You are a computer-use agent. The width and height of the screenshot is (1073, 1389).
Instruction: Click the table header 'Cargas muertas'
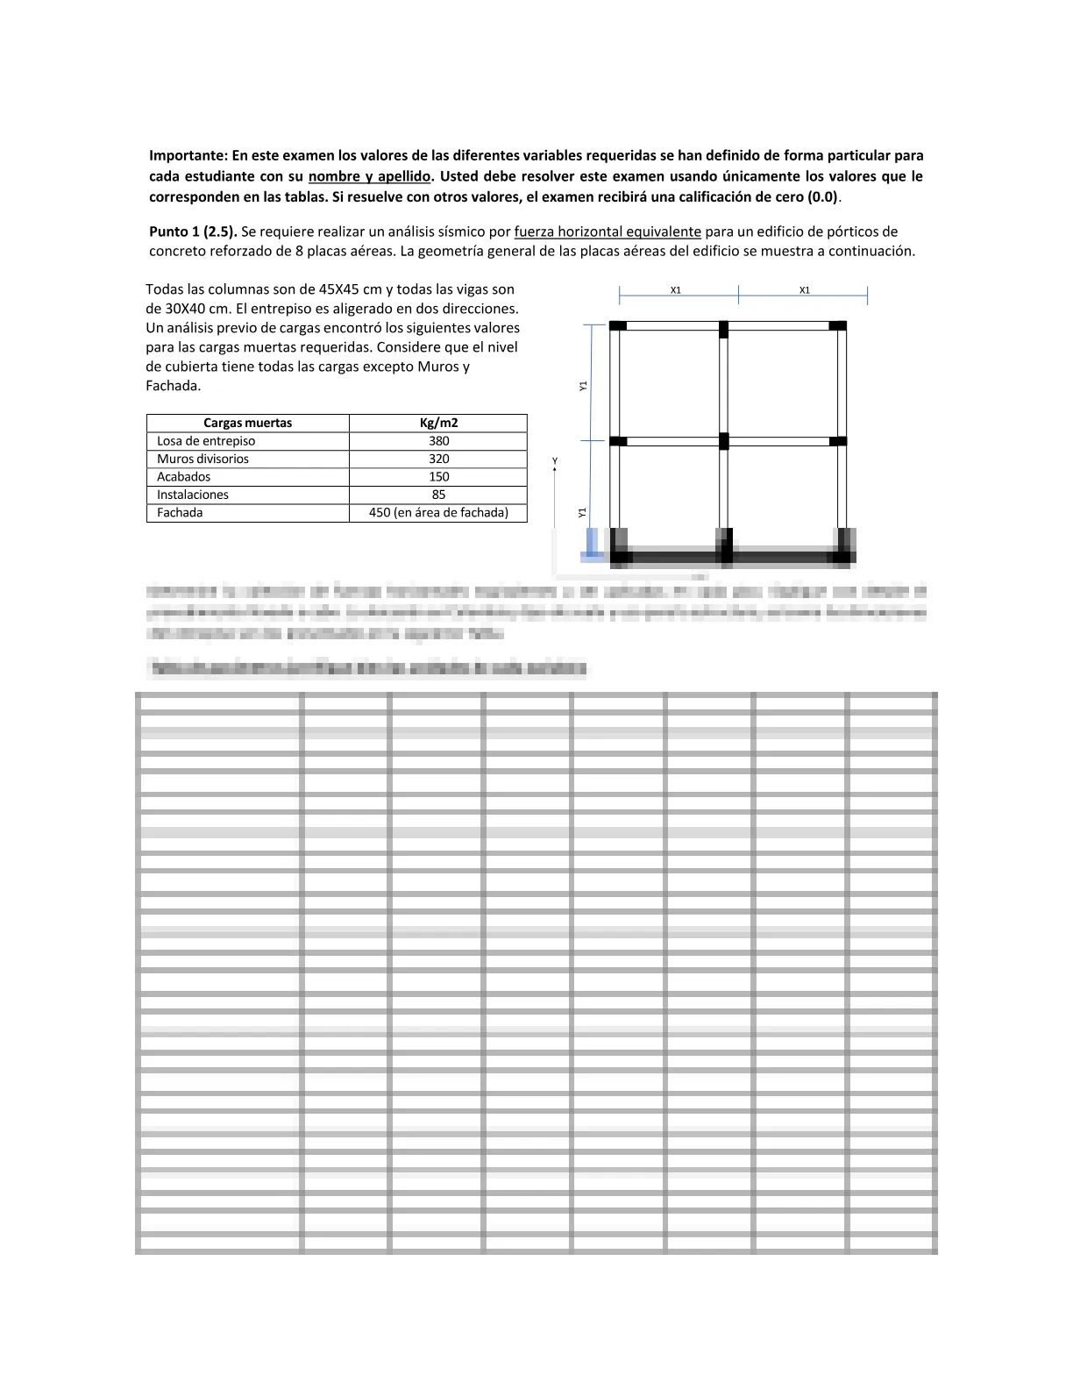(x=247, y=423)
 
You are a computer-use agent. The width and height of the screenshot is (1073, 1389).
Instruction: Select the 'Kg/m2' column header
(x=438, y=423)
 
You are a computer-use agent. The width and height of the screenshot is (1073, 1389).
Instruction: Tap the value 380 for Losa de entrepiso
(x=438, y=441)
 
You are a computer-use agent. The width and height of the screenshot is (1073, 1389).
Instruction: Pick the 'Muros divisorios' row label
(x=203, y=459)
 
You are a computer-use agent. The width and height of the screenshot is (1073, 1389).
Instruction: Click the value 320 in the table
(x=438, y=459)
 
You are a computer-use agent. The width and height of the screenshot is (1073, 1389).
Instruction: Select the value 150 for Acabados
(x=438, y=477)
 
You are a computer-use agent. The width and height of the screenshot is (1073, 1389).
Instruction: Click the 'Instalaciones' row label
(x=192, y=495)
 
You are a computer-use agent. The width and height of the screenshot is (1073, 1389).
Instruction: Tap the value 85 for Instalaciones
(x=438, y=495)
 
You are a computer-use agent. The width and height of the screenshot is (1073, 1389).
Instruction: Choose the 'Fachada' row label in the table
(x=180, y=513)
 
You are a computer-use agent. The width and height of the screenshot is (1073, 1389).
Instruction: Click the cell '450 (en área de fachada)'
(x=438, y=513)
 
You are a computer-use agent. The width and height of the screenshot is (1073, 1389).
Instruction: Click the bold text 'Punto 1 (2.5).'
(x=193, y=231)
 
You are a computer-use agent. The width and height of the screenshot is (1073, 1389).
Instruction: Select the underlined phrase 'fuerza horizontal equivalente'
(x=608, y=231)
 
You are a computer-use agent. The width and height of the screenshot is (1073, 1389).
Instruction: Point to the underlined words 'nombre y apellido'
(x=369, y=176)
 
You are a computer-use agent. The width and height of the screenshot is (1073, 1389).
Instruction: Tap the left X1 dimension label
(x=676, y=289)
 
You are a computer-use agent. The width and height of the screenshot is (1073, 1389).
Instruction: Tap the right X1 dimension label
(x=805, y=289)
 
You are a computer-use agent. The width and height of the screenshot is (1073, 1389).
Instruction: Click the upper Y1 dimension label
(x=583, y=385)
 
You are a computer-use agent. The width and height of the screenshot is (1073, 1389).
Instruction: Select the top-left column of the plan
(x=618, y=325)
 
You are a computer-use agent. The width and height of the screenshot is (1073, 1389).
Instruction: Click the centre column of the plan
(x=724, y=440)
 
